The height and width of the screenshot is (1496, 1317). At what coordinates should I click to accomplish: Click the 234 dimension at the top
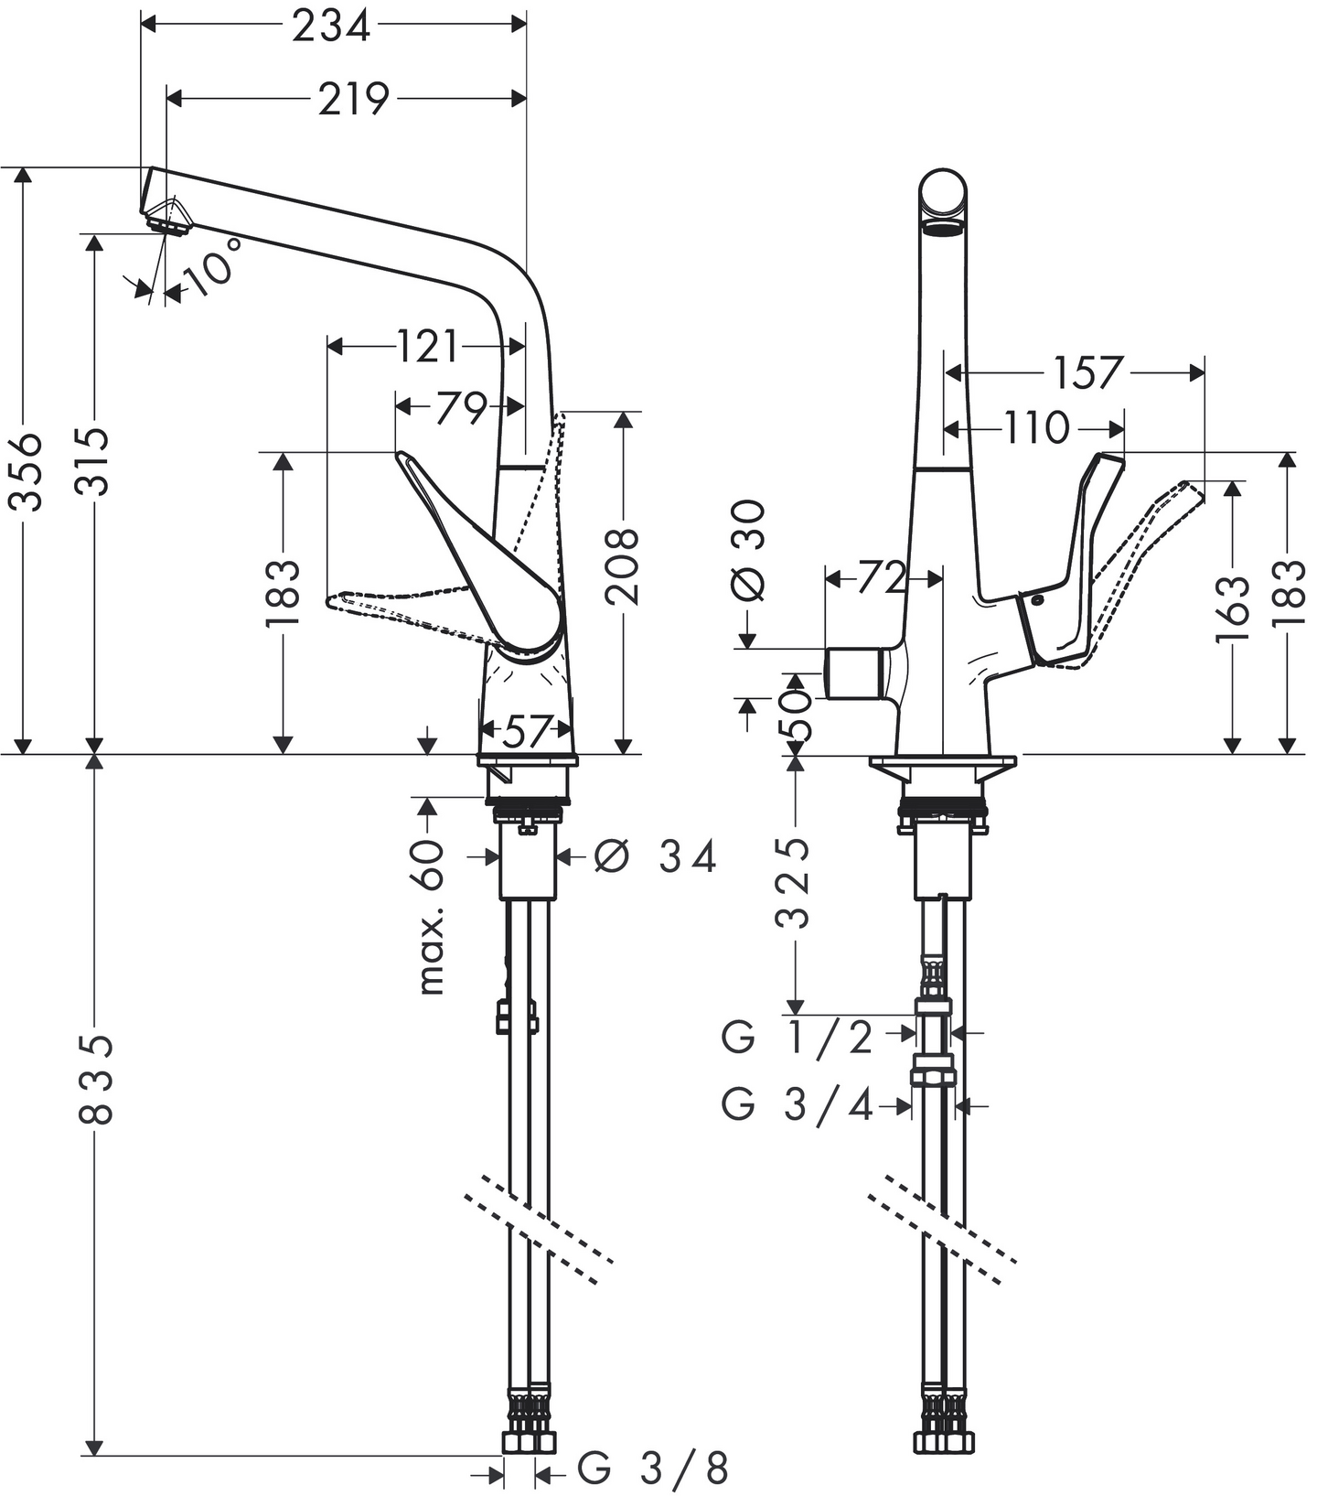click(331, 26)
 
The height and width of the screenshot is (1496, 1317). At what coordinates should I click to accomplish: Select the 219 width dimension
click(353, 99)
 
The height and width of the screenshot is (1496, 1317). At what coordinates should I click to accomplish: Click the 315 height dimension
click(92, 461)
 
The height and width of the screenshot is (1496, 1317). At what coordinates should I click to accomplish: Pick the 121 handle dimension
click(427, 347)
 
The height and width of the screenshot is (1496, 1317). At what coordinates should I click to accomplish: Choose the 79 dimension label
click(460, 407)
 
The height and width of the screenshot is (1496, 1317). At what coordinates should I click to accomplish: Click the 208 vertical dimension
click(623, 565)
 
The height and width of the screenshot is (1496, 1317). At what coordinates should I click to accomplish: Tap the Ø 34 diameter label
click(655, 857)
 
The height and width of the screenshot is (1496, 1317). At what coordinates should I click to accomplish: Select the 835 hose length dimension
click(95, 1080)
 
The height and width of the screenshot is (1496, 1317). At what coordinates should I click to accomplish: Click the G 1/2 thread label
click(798, 1038)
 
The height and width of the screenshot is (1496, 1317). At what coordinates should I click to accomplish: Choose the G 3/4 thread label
click(798, 1105)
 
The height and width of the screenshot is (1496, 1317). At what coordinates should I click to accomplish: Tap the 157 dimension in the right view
click(1087, 372)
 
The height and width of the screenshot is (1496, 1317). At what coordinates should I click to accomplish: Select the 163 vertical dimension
click(1233, 608)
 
